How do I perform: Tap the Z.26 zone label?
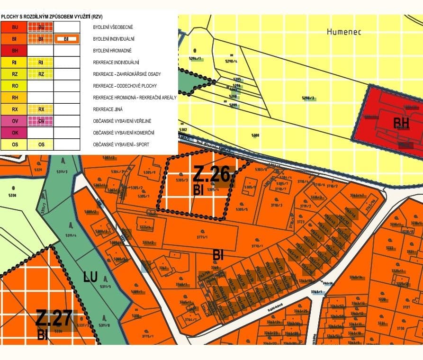tap(211, 175)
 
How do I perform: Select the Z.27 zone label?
tap(55, 318)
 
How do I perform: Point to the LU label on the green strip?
tap(91, 275)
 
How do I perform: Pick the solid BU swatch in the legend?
tap(14, 27)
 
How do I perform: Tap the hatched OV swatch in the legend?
tap(41, 121)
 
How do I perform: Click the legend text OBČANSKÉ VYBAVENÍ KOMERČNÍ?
tap(124, 133)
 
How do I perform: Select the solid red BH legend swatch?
tap(14, 50)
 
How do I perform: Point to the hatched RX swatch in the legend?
tap(41, 109)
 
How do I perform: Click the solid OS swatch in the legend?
tap(14, 144)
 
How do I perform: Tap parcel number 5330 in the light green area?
tap(12, 195)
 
